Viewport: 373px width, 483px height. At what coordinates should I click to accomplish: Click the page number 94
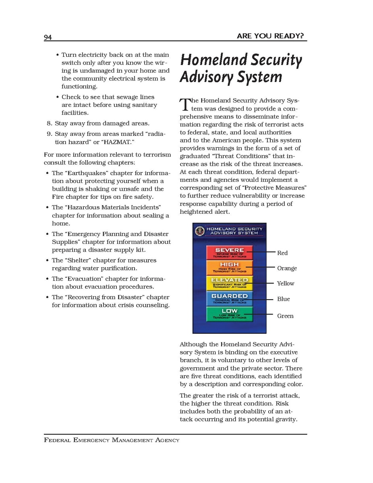[48, 37]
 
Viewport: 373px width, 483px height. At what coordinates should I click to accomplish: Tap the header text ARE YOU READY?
[270, 36]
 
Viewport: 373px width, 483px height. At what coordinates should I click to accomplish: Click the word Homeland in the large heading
[212, 60]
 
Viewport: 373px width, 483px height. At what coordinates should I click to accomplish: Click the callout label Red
[282, 253]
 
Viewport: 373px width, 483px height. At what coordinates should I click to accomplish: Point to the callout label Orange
[287, 269]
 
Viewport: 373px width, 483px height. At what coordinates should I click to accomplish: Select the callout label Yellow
[286, 284]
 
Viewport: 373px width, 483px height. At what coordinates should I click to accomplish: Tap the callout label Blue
[283, 299]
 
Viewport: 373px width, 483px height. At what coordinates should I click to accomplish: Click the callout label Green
[285, 316]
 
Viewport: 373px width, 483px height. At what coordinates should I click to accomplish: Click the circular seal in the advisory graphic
[199, 231]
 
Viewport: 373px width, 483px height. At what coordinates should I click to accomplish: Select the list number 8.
[50, 123]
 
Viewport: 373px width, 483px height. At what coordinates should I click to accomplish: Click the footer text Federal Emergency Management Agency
[112, 440]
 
